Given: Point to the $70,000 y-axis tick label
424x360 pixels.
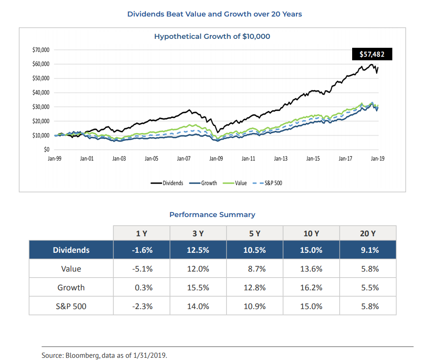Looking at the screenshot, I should click(x=41, y=50).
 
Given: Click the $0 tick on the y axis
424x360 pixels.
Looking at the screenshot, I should click(x=46, y=150).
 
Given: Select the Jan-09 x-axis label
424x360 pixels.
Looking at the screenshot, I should click(x=216, y=159).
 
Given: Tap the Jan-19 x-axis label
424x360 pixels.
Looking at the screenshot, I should click(x=377, y=159).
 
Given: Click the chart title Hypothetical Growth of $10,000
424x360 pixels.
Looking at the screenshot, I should click(x=212, y=36).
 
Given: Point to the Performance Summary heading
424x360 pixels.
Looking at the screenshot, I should click(x=212, y=214).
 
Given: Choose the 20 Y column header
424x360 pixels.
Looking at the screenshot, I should click(x=368, y=234).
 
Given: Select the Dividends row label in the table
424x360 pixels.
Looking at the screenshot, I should click(x=71, y=250).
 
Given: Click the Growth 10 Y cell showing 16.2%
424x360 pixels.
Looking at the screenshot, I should click(x=311, y=288).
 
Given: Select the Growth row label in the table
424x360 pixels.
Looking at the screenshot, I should click(x=71, y=288).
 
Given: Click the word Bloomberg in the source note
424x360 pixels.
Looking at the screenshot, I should click(x=82, y=356).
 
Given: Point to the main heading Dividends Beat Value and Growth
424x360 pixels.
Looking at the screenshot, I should click(x=214, y=14).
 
